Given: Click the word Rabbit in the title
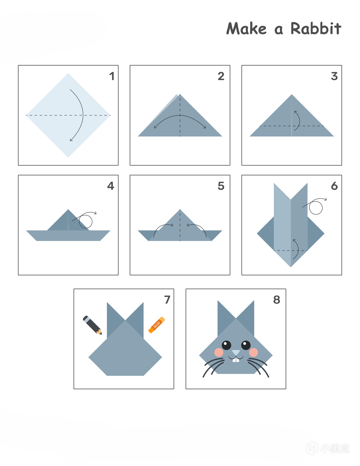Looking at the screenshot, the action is (316, 28).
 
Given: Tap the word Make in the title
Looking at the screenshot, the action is (246, 28).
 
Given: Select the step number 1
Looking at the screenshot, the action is (112, 76).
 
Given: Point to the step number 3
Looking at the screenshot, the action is (334, 76).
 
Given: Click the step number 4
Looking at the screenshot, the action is (111, 186).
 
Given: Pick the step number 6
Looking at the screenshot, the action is (334, 186).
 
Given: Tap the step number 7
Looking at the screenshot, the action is (167, 300).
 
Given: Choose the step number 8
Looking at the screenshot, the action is (277, 300).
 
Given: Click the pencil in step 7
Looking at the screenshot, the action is (92, 325).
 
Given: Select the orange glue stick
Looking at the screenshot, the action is (156, 325).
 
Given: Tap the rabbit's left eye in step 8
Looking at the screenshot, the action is (226, 345).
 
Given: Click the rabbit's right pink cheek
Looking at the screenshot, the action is (253, 352).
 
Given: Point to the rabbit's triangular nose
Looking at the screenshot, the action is (236, 352).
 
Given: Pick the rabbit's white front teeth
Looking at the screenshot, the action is (236, 360).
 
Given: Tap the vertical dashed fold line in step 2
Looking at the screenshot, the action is (180, 115).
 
